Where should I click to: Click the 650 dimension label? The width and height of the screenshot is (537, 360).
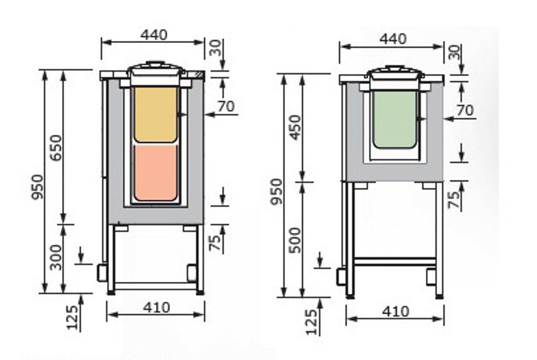click(x=56, y=147)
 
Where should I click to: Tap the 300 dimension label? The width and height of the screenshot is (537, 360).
click(x=56, y=257)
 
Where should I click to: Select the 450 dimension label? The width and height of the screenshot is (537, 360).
click(x=295, y=128)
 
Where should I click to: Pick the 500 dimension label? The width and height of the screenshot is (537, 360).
click(x=295, y=240)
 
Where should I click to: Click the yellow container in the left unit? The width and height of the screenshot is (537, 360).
click(x=155, y=114)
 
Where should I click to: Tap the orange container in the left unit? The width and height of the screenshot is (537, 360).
click(x=155, y=173)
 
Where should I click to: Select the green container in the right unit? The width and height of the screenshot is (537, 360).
click(x=394, y=119)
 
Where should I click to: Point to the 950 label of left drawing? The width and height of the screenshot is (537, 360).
click(x=37, y=187)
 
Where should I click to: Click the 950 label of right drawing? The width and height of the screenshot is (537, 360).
click(x=276, y=191)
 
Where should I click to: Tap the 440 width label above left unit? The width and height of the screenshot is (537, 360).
click(x=154, y=35)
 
